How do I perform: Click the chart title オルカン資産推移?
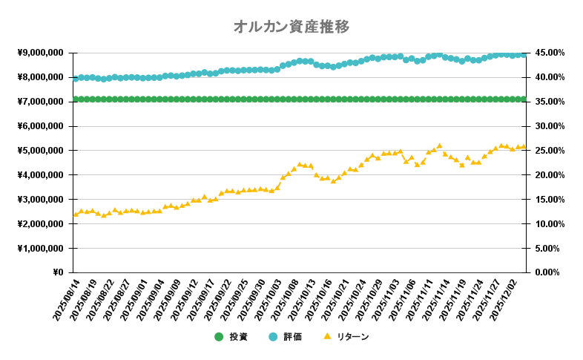[291, 27]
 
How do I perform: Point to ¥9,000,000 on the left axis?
[40, 53]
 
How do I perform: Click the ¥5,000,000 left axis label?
[40, 150]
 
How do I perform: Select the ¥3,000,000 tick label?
[40, 199]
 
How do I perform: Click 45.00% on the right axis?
[548, 53]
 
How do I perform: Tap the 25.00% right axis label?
[548, 150]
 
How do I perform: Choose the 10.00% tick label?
[548, 223]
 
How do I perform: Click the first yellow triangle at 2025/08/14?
[76, 214]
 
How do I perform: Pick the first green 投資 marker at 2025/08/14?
[76, 99]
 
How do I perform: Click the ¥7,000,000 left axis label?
[40, 102]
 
